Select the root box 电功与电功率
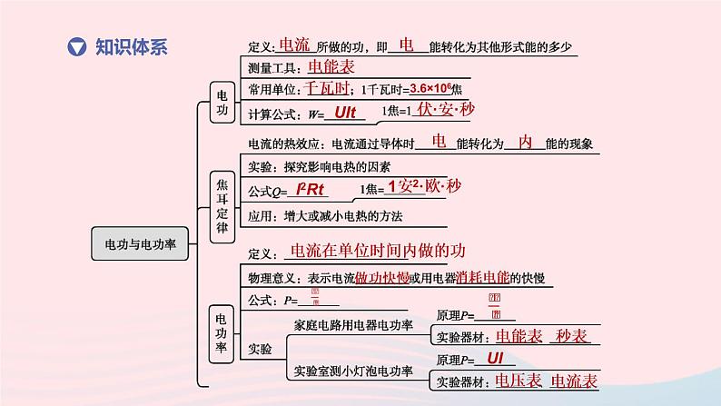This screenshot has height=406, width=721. click(x=140, y=244)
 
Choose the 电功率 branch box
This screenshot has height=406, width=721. click(x=222, y=334)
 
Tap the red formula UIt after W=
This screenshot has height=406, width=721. click(x=345, y=113)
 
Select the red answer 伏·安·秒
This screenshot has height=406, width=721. click(x=446, y=110)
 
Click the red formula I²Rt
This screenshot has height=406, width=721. click(x=310, y=190)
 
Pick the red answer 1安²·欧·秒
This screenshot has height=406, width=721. click(x=423, y=187)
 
